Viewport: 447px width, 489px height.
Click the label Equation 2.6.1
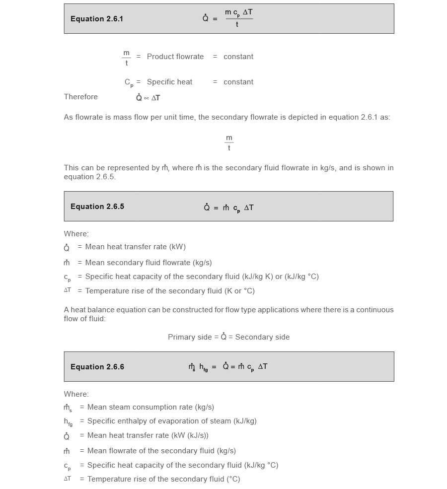[x=97, y=19]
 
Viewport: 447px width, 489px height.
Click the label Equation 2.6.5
[x=97, y=207]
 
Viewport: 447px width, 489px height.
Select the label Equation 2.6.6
[x=97, y=367]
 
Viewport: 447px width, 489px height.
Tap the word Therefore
[x=80, y=97]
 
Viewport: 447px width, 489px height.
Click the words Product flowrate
[x=175, y=57]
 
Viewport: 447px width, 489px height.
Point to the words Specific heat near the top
[x=169, y=82]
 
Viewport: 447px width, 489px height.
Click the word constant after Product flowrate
[x=238, y=57]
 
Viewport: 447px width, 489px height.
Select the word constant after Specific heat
[x=238, y=82]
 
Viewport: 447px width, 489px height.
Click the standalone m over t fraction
[x=229, y=143]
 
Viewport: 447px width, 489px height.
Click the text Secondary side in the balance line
[x=262, y=337]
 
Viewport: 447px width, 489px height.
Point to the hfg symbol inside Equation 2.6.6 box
[x=204, y=367]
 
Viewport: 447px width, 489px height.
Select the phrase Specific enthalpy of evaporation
[x=147, y=421]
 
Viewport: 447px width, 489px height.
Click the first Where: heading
[x=76, y=234]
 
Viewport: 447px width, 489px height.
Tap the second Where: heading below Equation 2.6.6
[x=76, y=394]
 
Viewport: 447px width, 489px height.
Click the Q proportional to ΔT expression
[x=148, y=98]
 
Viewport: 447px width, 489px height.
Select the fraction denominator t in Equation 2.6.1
[x=237, y=24]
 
